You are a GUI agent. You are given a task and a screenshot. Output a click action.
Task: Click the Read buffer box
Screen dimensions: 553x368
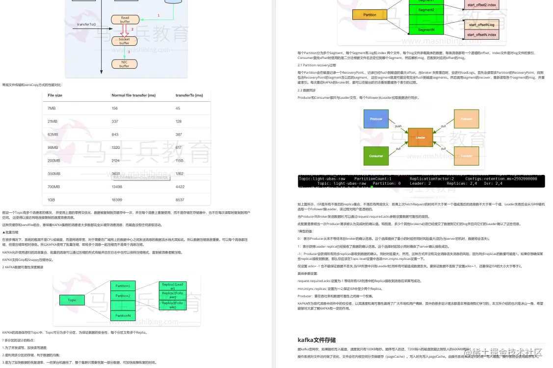click(125, 20)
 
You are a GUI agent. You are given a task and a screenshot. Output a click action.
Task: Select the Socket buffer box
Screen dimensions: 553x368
click(125, 41)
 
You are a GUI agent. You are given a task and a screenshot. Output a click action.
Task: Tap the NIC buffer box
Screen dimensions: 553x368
click(125, 64)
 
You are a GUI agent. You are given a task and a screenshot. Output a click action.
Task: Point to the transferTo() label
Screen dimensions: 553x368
click(86, 24)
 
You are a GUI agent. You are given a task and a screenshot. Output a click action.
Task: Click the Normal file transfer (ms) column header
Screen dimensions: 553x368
click(133, 95)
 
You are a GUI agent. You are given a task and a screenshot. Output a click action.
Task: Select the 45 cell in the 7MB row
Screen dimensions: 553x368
click(178, 108)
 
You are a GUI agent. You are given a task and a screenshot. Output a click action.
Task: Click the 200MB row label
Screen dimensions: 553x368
click(54, 161)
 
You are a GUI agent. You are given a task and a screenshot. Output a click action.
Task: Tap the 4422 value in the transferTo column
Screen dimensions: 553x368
click(180, 187)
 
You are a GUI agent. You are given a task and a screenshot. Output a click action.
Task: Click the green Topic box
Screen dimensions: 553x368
click(72, 300)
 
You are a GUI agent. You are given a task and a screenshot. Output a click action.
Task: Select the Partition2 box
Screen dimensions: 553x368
click(122, 296)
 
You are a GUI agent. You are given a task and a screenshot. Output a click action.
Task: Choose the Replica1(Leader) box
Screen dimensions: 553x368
click(172, 286)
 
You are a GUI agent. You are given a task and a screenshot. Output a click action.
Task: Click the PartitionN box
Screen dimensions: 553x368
click(122, 316)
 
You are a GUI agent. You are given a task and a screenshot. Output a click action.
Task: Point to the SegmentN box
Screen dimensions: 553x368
click(426, 30)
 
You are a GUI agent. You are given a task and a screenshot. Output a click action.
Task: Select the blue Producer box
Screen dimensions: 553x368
click(376, 119)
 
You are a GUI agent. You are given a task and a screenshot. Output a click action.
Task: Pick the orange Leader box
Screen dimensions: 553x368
click(420, 138)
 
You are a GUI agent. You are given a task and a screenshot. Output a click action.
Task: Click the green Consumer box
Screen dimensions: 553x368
click(376, 156)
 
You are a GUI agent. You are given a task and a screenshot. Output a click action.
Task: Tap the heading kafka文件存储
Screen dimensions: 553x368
click(316, 340)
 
